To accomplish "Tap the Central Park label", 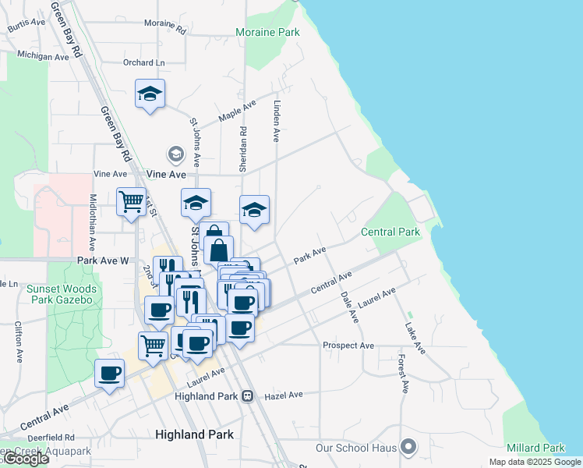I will (x=390, y=232).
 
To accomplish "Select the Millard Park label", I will (x=535, y=448).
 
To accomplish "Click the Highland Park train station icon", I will (x=248, y=396).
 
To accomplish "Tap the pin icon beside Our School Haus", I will (x=408, y=448).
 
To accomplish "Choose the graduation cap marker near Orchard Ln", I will (x=149, y=95).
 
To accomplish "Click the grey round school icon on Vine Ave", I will (x=176, y=154).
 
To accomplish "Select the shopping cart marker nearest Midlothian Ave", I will (x=131, y=201).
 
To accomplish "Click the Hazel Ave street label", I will (x=283, y=395).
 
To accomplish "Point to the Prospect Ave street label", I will (x=348, y=345).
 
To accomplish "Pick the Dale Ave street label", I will (x=350, y=307).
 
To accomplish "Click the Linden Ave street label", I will (x=276, y=119).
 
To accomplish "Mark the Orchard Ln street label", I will (x=144, y=62).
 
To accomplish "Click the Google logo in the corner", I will (x=25, y=459).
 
